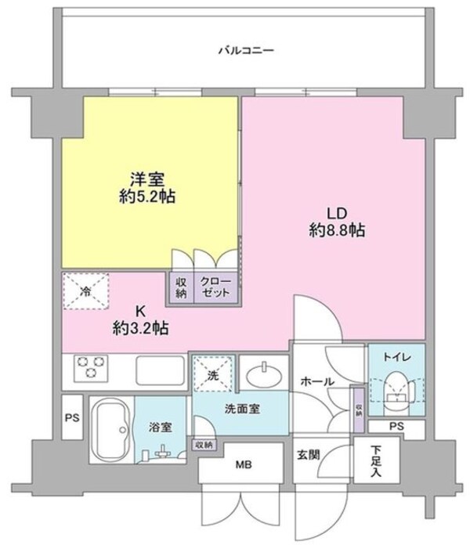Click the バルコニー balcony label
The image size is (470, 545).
tap(245, 52)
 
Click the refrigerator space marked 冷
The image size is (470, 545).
tap(86, 287)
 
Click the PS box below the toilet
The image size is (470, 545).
tap(396, 426)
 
